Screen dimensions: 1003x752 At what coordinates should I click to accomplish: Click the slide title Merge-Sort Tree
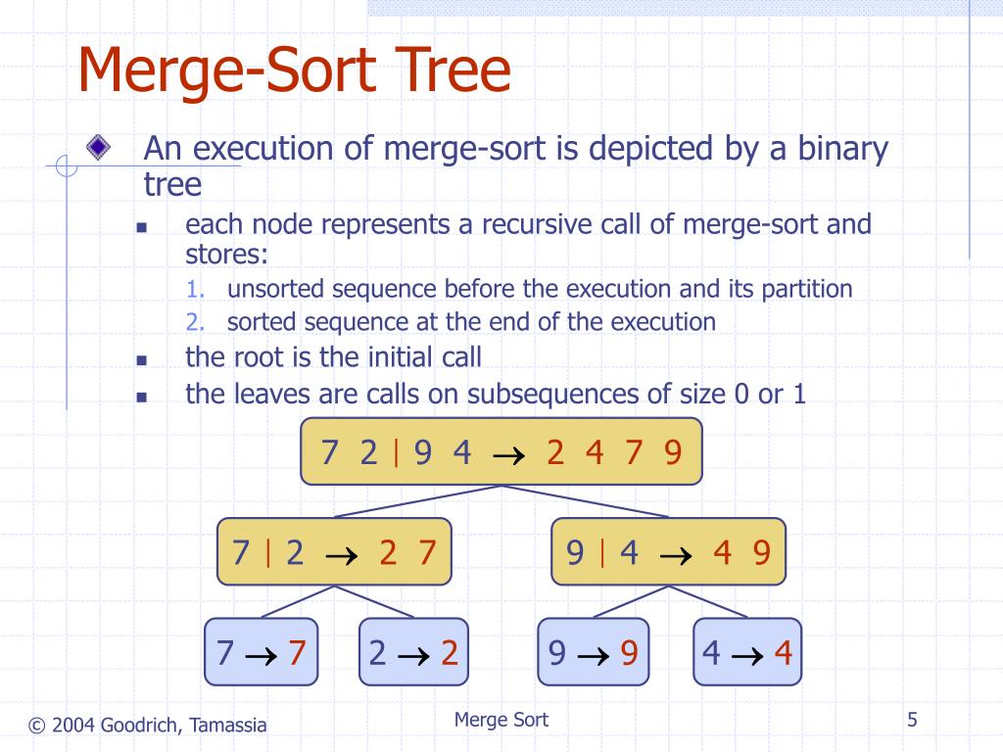click(294, 72)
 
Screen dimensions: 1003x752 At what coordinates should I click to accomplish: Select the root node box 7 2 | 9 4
click(501, 452)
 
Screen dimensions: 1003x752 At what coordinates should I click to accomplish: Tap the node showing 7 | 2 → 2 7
click(334, 552)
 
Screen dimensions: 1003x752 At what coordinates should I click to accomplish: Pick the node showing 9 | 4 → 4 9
click(668, 552)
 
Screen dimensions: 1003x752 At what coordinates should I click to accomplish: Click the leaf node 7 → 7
click(262, 652)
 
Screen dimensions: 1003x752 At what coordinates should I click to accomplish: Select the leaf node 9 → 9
click(593, 652)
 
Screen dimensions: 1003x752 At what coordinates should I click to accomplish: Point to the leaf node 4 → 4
click(747, 652)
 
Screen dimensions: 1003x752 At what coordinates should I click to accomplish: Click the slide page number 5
click(912, 721)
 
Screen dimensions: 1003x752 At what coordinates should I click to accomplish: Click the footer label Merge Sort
click(501, 721)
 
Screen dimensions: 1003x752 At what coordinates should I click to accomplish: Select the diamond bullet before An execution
click(97, 148)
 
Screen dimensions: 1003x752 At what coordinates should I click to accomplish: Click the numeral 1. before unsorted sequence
click(196, 290)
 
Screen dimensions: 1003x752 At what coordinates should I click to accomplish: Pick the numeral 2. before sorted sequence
click(196, 322)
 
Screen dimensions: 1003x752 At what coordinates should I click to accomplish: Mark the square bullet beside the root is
click(141, 360)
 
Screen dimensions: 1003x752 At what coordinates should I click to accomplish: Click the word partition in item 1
click(804, 290)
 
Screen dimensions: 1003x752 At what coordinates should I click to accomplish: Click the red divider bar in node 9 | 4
click(600, 553)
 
